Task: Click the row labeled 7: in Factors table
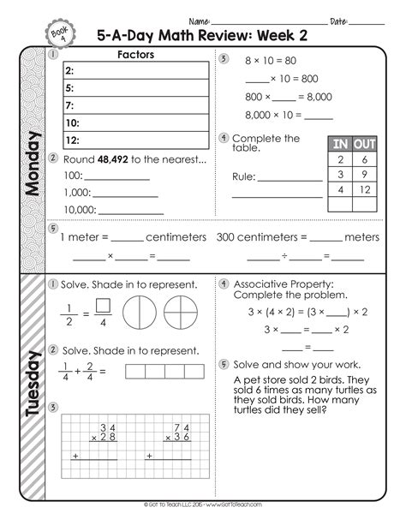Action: [x=135, y=105]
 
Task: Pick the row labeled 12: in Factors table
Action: [x=135, y=140]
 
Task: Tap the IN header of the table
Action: [x=340, y=144]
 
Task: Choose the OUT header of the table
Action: [x=365, y=144]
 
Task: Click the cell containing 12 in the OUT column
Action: [x=365, y=190]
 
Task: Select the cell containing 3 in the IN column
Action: [x=340, y=175]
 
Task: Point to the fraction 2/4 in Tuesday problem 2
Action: [x=89, y=371]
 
